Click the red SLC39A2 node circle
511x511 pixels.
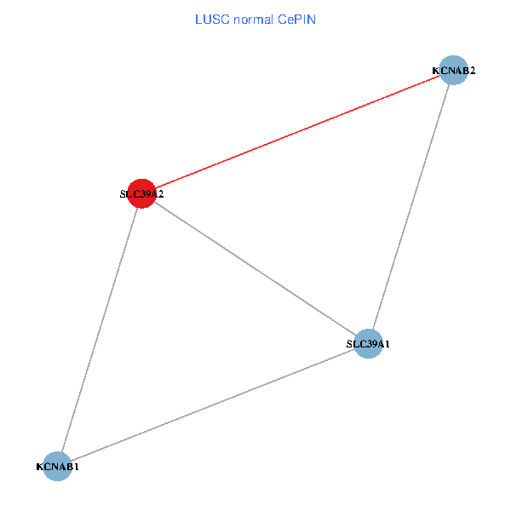141,193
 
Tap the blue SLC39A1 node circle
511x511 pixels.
368,343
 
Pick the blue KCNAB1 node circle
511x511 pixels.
57,466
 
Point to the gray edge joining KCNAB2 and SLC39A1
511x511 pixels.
411,207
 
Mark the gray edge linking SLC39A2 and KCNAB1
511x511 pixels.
99,330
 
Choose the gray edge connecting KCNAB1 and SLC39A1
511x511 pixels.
213,405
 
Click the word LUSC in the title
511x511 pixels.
210,20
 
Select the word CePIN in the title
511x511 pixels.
296,20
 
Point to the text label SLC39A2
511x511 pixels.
141,194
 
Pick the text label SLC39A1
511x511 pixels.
368,344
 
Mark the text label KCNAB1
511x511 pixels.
57,467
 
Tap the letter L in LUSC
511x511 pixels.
198,20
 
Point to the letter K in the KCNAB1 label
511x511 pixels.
39,467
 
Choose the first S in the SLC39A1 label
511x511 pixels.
348,344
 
